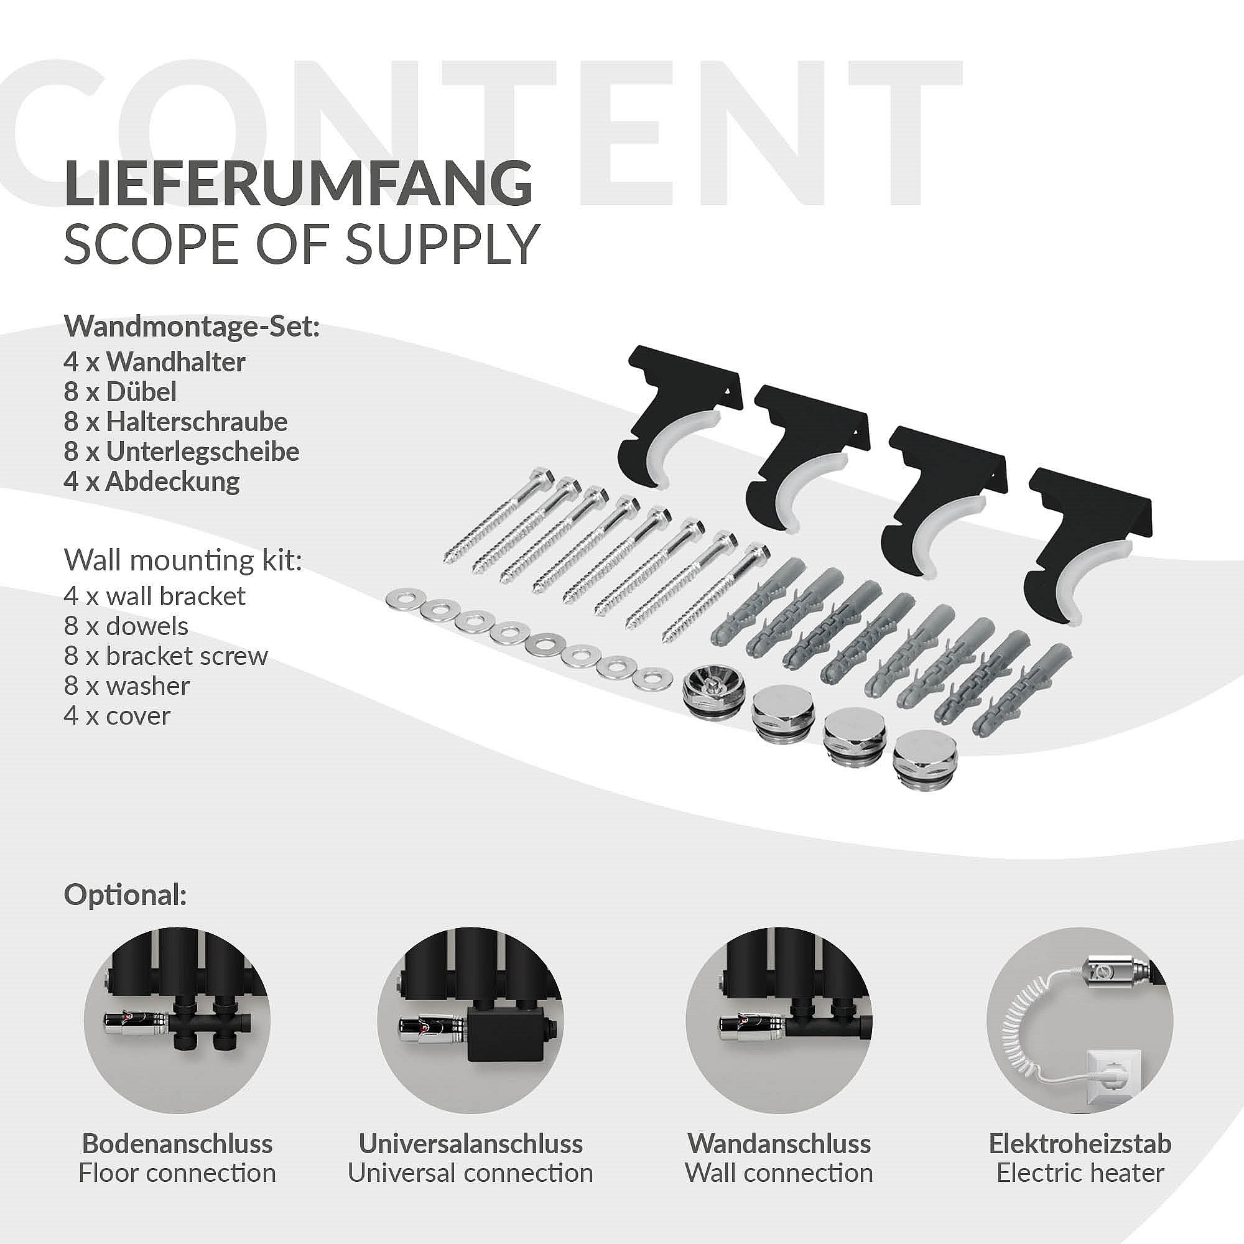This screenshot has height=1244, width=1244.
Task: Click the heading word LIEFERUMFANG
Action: pos(298,185)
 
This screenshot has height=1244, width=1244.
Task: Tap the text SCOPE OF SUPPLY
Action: pos(300,244)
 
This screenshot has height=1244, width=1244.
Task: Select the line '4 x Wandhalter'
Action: pos(154,363)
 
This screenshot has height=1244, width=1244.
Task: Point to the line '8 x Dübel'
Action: pos(121,391)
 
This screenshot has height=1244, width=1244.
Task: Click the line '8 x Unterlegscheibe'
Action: pos(182,452)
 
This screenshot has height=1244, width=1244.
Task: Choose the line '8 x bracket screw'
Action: pos(165,656)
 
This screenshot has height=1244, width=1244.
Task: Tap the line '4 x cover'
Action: pos(117,716)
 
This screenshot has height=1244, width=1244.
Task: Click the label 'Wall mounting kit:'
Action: pos(183,562)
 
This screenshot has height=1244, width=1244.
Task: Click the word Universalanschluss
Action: pos(471,1144)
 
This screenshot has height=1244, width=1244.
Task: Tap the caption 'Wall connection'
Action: pos(779,1173)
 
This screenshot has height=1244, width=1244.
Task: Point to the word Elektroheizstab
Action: pos(1080,1144)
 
